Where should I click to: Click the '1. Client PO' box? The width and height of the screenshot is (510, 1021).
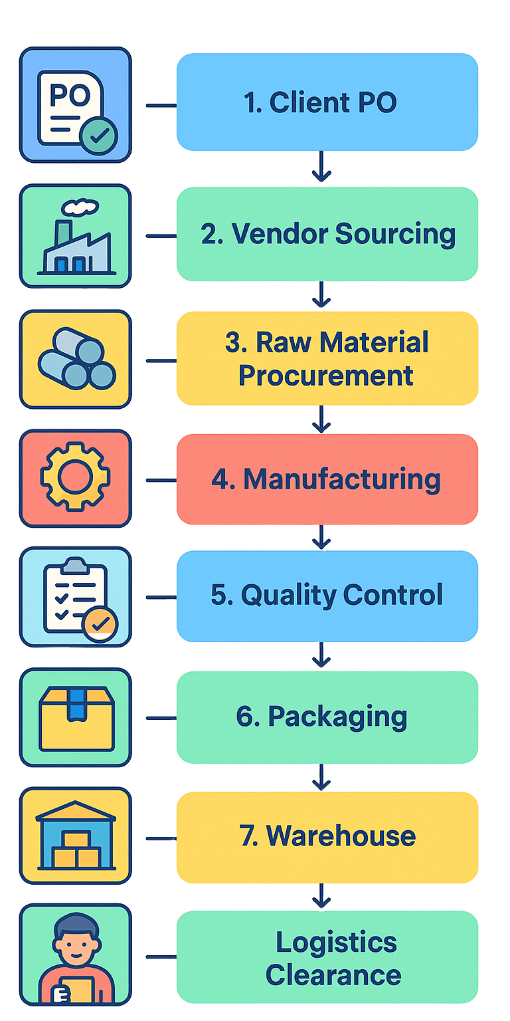point(327,102)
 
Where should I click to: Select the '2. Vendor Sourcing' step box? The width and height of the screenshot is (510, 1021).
point(327,234)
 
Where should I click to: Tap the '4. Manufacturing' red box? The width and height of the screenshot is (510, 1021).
point(327,479)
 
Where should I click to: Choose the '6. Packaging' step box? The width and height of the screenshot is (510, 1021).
point(327,717)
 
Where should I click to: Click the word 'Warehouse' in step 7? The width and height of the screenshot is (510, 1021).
point(341,836)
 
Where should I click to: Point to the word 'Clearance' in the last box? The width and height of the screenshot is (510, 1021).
point(333,975)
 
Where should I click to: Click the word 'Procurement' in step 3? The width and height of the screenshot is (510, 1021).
point(326,376)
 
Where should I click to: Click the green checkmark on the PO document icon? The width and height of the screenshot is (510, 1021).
point(98,136)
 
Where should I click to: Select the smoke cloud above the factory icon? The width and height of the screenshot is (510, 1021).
point(84,207)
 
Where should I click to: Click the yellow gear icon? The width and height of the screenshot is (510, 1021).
point(75,479)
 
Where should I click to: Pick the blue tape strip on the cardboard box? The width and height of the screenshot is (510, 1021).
point(76,703)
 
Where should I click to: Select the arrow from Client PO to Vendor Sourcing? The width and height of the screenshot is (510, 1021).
point(321,168)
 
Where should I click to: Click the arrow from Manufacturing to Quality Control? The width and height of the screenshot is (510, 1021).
point(321,537)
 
